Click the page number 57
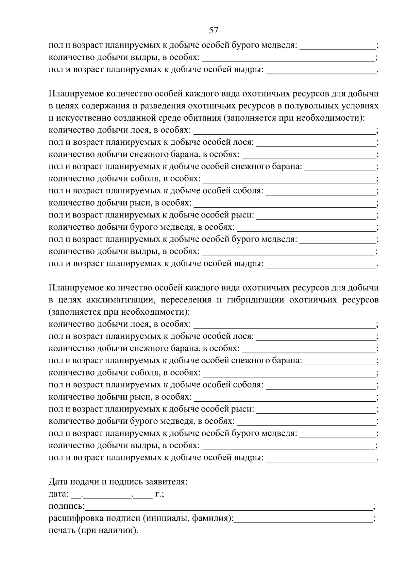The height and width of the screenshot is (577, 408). tap(214, 30)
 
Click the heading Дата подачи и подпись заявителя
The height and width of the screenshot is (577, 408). tap(118, 482)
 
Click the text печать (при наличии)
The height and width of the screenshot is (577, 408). tap(94, 530)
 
